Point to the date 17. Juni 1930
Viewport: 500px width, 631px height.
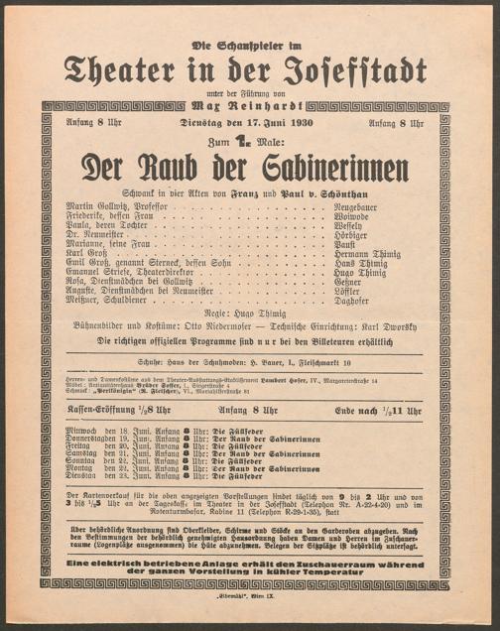point(267,124)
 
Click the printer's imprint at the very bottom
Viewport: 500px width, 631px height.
point(249,600)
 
